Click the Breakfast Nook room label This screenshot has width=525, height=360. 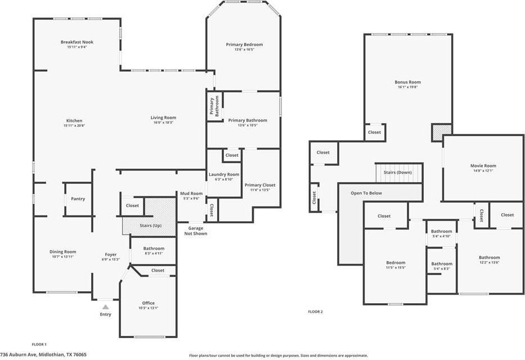pyautogui.click(x=77, y=42)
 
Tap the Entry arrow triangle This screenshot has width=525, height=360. pyautogui.click(x=105, y=307)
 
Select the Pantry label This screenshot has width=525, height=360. pyautogui.click(x=78, y=199)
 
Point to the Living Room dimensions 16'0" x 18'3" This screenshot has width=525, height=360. pyautogui.click(x=163, y=123)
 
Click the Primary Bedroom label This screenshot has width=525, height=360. pyautogui.click(x=244, y=44)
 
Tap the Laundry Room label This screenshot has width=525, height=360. pyautogui.click(x=224, y=174)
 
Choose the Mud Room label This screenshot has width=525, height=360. pyautogui.click(x=191, y=193)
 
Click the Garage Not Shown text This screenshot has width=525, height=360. pyautogui.click(x=195, y=231)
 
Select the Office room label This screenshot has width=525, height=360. pyautogui.click(x=149, y=303)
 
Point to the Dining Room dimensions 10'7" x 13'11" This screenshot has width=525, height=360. pyautogui.click(x=63, y=256)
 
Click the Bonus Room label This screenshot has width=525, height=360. pyautogui.click(x=408, y=82)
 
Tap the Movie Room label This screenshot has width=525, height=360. pyautogui.click(x=483, y=165)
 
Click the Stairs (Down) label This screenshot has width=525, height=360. pyautogui.click(x=398, y=172)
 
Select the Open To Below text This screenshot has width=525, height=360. pyautogui.click(x=366, y=193)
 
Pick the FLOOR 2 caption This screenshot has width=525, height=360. pyautogui.click(x=316, y=312)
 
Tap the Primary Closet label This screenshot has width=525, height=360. pyautogui.click(x=260, y=185)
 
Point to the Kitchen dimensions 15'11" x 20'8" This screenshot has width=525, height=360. pyautogui.click(x=74, y=126)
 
